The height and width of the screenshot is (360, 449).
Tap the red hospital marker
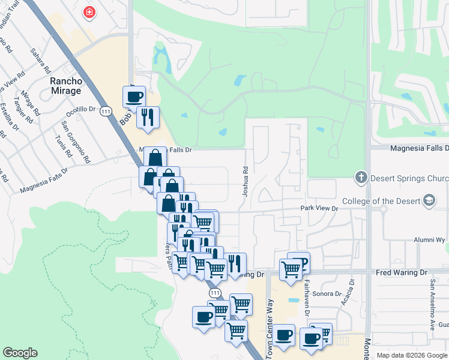(89, 11)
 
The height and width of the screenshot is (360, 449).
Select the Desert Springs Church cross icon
(360, 177)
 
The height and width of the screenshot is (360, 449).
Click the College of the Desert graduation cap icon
(429, 200)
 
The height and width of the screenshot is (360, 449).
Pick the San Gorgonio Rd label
(75, 142)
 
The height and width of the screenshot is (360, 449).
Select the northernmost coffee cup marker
(134, 96)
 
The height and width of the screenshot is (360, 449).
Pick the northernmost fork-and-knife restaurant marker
(147, 116)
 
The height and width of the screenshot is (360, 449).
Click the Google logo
(20, 353)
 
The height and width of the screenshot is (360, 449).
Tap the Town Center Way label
(270, 327)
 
